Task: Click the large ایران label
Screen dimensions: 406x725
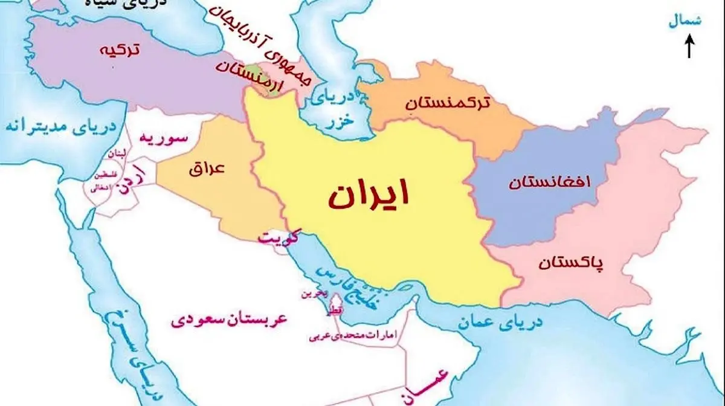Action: click(x=369, y=195)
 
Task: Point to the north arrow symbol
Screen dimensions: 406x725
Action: click(x=689, y=47)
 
